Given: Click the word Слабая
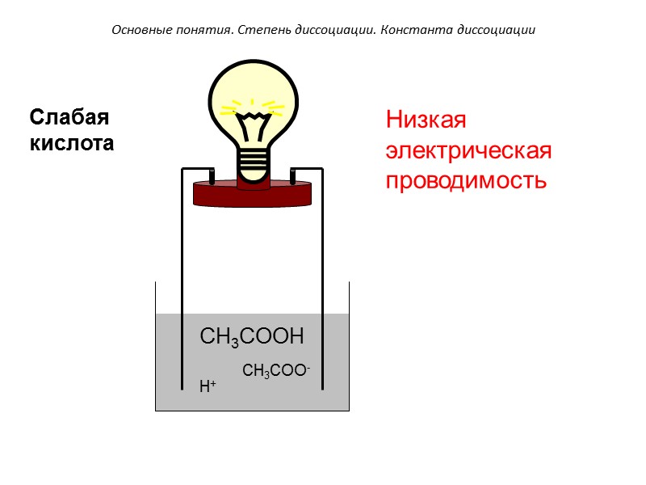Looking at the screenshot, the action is click(x=69, y=118).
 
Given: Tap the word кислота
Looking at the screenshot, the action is click(x=72, y=144).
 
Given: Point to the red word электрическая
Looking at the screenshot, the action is click(x=468, y=151).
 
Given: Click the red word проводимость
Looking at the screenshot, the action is click(x=466, y=180).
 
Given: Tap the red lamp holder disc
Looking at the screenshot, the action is click(x=253, y=193).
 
